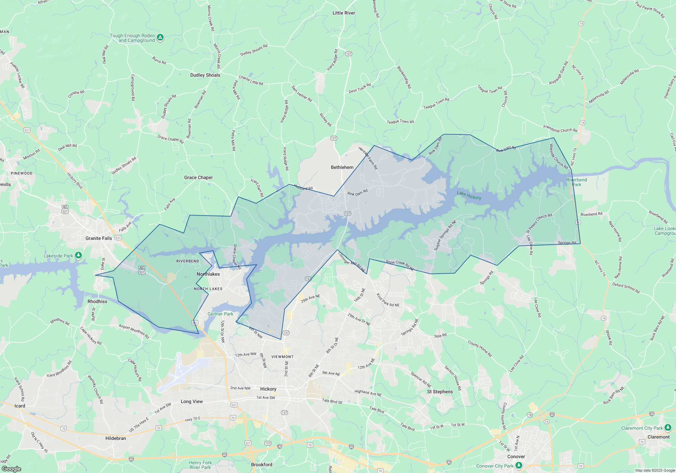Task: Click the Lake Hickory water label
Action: [x=469, y=195]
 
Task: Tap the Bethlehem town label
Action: [x=342, y=167]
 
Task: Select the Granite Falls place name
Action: [x=98, y=238]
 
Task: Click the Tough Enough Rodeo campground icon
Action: [x=161, y=37]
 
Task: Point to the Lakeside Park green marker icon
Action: [x=78, y=255]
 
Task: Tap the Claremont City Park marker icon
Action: [x=668, y=427]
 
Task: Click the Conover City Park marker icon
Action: [x=519, y=466]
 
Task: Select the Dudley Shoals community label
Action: [x=205, y=75]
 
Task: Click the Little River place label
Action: [x=343, y=13]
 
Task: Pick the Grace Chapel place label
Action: [x=198, y=177]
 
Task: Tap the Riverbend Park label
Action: [x=577, y=182]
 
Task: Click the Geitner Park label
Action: [x=220, y=314]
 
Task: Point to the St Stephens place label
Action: [x=440, y=392]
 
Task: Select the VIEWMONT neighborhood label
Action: [x=282, y=357]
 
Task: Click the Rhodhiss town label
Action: [x=97, y=301]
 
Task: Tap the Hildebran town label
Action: [x=116, y=438]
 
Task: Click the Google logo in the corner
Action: [x=11, y=469]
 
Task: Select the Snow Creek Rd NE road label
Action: [x=400, y=265]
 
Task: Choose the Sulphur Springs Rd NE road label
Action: [x=445, y=235]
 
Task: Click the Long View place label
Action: [x=192, y=401]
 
